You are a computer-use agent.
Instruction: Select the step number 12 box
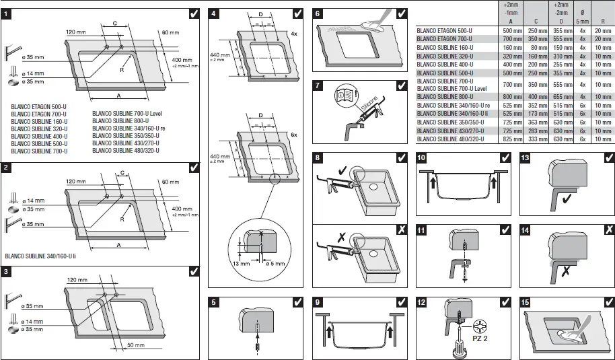pos(421,302)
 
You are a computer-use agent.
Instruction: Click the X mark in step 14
pos(608,229)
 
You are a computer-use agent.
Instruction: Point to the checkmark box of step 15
pos(608,302)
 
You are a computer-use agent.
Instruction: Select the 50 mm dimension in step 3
pos(136,345)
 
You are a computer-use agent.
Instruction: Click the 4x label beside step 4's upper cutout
pos(293,33)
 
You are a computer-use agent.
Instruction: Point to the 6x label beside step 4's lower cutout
pos(293,135)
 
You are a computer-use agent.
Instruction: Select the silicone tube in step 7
pos(371,112)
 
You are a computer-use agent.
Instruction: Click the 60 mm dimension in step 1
pos(170,32)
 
